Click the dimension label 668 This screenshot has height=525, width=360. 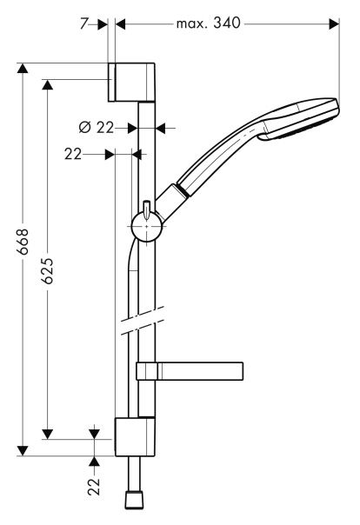click(x=23, y=242)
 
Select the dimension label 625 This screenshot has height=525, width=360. click(x=48, y=271)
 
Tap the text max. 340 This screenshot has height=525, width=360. click(x=209, y=23)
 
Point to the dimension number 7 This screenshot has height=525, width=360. click(x=83, y=23)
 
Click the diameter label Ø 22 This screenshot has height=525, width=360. click(x=97, y=128)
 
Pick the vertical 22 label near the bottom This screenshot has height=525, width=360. click(x=94, y=487)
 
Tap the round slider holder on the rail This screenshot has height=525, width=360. click(x=146, y=227)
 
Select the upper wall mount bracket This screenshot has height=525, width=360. click(x=131, y=82)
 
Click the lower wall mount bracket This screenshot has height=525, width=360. click(x=135, y=436)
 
